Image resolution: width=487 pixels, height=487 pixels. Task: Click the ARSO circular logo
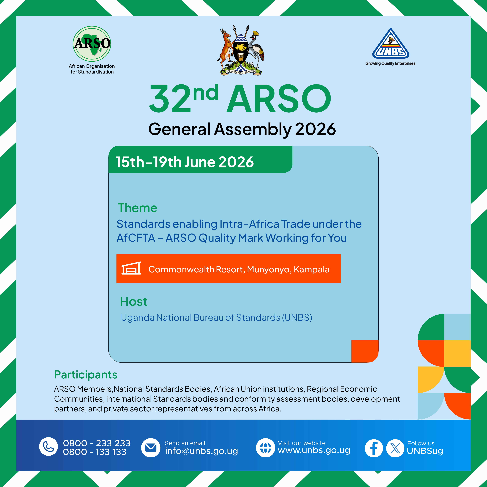(x=92, y=44)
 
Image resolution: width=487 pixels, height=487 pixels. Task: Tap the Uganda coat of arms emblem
(x=241, y=50)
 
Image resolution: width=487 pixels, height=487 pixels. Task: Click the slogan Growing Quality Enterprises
(x=390, y=64)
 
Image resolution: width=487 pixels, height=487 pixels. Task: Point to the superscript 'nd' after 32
(x=206, y=92)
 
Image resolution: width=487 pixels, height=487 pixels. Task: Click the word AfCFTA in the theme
(x=136, y=238)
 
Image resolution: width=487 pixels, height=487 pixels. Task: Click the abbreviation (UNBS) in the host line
(x=297, y=318)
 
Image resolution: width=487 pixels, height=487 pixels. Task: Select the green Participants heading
(x=86, y=375)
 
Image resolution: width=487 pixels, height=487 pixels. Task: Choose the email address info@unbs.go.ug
(x=201, y=451)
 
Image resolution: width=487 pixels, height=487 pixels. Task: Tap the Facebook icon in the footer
(x=374, y=448)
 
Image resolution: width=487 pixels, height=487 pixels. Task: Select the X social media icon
(x=395, y=448)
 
